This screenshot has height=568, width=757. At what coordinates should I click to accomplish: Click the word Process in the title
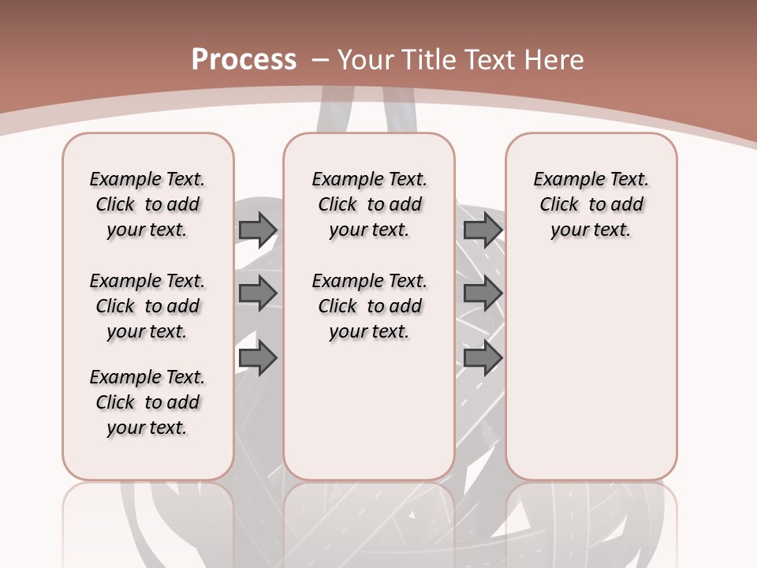[x=244, y=59]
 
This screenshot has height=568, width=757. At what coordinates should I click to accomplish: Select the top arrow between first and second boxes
[x=257, y=230]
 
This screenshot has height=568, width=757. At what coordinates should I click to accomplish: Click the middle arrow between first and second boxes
[x=257, y=293]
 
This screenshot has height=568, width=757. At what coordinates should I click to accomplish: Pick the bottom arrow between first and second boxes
[x=257, y=358]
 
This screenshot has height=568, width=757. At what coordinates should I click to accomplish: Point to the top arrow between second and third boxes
[x=483, y=230]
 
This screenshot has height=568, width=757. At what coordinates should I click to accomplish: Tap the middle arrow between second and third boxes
[x=483, y=293]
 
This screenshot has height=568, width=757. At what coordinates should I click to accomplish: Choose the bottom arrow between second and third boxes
[x=483, y=358]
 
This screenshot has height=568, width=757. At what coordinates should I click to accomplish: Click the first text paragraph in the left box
[x=147, y=204]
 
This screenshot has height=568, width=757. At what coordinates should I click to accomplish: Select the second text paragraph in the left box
[x=147, y=306]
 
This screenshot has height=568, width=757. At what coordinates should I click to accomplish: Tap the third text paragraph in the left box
[x=147, y=402]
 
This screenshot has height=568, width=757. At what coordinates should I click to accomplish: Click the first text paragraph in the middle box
[x=370, y=204]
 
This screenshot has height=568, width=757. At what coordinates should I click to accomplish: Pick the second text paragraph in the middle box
[x=370, y=306]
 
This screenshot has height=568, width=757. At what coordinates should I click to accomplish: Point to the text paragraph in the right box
[x=591, y=204]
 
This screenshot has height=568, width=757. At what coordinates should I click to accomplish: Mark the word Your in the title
[x=367, y=59]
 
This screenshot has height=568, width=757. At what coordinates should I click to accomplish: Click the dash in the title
[x=320, y=59]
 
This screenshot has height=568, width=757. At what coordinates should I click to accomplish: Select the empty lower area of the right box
[x=591, y=371]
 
